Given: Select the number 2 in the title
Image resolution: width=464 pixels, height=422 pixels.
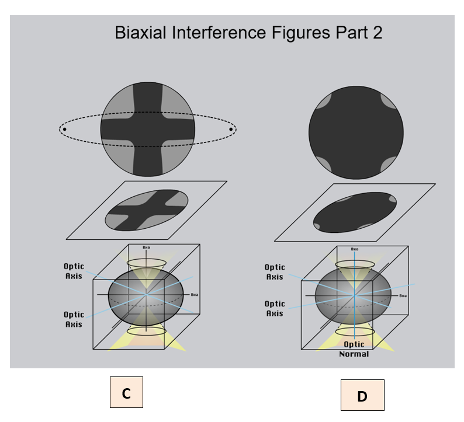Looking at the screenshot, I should (x=376, y=33).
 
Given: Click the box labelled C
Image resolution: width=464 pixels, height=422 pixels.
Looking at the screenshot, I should (x=126, y=392).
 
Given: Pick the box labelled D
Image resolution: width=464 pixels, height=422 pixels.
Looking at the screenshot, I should (x=362, y=395).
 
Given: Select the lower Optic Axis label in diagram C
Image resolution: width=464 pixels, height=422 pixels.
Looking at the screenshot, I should (x=73, y=319).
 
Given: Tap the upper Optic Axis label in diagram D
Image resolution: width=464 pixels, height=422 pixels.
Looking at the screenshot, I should (x=275, y=273).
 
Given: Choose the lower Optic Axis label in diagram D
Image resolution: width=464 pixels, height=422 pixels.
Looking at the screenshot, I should (x=275, y=308).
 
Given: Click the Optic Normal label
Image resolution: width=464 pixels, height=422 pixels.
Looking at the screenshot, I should (x=354, y=349).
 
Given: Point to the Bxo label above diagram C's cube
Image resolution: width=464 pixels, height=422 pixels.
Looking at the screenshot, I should (x=146, y=247).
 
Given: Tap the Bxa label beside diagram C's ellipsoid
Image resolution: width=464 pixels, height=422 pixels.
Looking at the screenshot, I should (x=195, y=295).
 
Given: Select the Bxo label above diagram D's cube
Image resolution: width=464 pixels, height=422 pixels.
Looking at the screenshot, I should (x=354, y=249).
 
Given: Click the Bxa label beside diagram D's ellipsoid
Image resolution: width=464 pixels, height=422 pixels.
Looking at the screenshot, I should (x=403, y=296).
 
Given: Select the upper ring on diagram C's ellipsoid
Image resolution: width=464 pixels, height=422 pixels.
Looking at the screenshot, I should (x=147, y=264).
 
